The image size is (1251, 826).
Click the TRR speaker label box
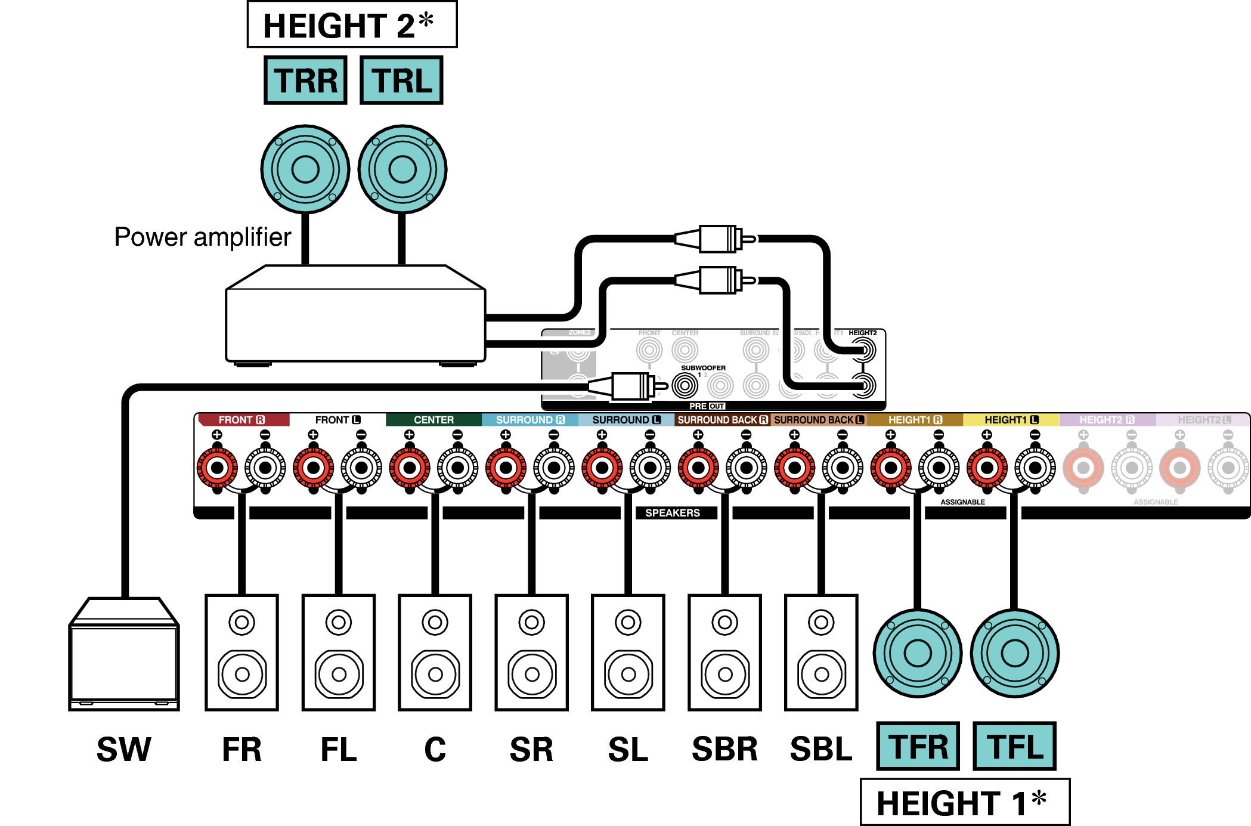coord(305,81)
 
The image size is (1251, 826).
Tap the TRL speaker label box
coord(401,81)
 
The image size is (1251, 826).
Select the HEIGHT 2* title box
coord(352,25)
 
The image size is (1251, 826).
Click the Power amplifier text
coord(203,237)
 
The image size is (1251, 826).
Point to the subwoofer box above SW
coord(124,656)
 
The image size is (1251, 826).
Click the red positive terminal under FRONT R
coord(217,468)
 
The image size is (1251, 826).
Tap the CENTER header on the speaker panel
coord(433,420)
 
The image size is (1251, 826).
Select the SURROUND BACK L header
coord(818,420)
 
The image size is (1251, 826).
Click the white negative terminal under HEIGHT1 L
coord(1035,468)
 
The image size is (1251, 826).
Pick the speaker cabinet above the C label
coord(435,652)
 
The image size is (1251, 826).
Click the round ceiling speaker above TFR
coord(918,653)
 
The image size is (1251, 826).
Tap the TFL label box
coord(1014,746)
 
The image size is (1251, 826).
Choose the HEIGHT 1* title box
coord(965,802)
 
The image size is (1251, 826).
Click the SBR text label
coord(724,749)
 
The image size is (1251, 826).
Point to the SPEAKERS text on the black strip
coord(673,513)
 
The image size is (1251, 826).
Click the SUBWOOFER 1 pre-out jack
coord(685,386)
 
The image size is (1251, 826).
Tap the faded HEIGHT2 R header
coord(1107,420)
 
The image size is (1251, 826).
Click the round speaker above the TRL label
coord(402,169)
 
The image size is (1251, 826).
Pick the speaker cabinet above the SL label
coord(628,652)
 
